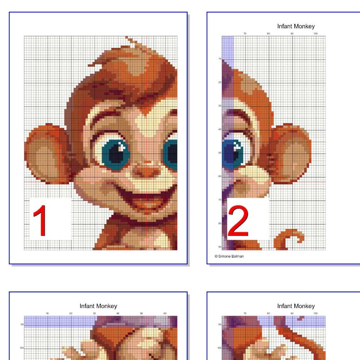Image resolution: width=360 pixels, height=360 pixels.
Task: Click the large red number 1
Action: point(41,221)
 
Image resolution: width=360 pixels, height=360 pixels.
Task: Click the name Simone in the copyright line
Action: point(226,256)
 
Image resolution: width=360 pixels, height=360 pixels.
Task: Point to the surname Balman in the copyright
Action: point(238,256)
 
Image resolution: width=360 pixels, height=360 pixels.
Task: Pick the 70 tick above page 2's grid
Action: point(245,34)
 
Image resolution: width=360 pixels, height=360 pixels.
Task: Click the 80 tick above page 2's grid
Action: point(268,34)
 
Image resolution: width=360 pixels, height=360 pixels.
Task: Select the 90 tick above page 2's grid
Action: point(292,34)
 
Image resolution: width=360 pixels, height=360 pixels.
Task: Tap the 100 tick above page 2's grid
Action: point(315,34)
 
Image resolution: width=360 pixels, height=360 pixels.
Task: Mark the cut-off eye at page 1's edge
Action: point(171,153)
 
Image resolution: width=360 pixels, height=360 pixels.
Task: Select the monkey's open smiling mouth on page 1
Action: point(152,199)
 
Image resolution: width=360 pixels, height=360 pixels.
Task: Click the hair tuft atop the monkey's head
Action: point(134,45)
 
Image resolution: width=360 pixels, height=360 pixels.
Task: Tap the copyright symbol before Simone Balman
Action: point(216,256)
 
